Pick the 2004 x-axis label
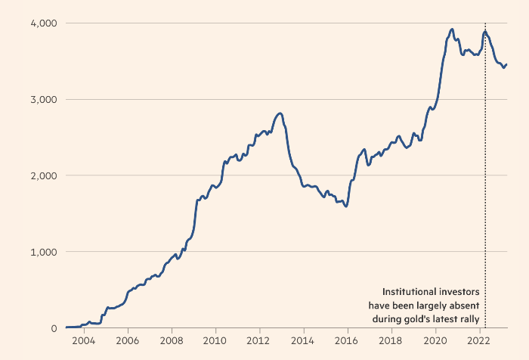click(x=83, y=341)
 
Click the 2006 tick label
click(x=128, y=341)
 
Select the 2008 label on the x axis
click(x=172, y=341)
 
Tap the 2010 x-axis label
click(x=215, y=341)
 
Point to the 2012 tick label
click(x=259, y=341)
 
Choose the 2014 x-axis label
click(x=303, y=341)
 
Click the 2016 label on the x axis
click(x=347, y=341)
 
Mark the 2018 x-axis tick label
click(x=391, y=341)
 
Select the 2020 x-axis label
click(x=435, y=341)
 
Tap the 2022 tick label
click(x=479, y=341)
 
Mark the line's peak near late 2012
click(x=280, y=113)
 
